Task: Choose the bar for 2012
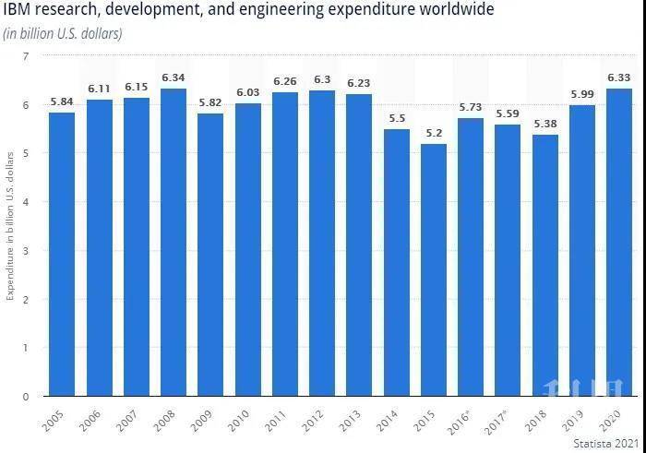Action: [x=322, y=244]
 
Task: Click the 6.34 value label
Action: [x=173, y=77]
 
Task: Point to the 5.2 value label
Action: [x=434, y=133]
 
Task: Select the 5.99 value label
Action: [x=582, y=94]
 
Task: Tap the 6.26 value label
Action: [x=285, y=81]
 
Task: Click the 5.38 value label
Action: [x=545, y=124]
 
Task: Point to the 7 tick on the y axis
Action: [x=26, y=56]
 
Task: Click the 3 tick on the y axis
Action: [x=26, y=251]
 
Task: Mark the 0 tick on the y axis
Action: [x=26, y=397]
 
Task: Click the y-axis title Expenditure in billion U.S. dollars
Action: [x=10, y=227]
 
